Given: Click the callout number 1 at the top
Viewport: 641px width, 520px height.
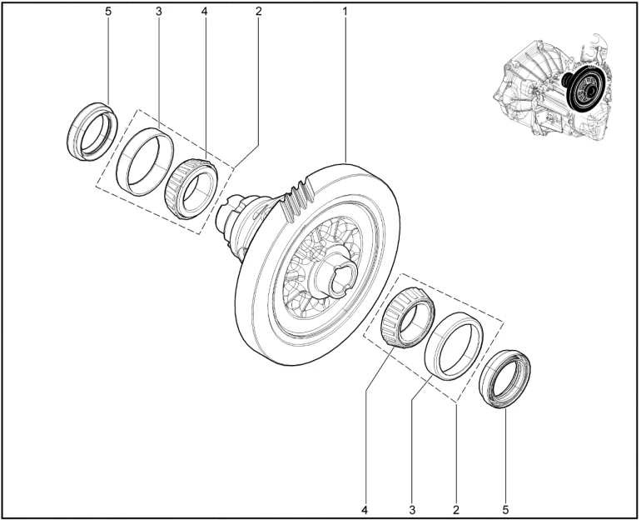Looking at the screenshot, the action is coord(345,12).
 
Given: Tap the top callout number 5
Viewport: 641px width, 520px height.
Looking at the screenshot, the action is coord(108,12).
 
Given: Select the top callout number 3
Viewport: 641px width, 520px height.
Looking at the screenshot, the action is coord(159,12).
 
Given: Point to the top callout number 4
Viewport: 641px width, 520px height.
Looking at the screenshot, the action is coord(205,12).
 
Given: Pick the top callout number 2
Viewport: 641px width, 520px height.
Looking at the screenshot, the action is coord(258,12).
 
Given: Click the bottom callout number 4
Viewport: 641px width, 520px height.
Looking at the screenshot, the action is coord(365,510).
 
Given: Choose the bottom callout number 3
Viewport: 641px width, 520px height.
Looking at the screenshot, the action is coord(412,510).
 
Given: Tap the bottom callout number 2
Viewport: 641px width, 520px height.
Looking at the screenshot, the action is coord(456,510).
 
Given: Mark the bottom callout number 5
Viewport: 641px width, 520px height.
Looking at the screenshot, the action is coord(505,510).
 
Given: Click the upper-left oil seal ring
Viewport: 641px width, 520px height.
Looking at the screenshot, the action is coord(73,139).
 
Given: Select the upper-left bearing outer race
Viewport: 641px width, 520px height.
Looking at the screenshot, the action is coord(122,172).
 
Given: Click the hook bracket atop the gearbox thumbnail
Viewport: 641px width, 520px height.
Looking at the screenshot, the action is coord(595,41).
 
